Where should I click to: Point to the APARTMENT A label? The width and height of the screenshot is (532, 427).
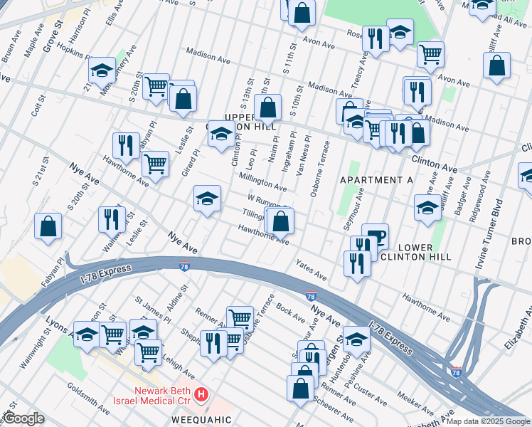pyautogui.click(x=376, y=180)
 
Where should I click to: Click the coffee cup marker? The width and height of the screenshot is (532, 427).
pyautogui.click(x=375, y=236)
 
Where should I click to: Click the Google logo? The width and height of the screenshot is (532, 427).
pyautogui.click(x=23, y=418)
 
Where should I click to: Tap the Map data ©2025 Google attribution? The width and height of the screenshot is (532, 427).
pyautogui.click(x=487, y=421)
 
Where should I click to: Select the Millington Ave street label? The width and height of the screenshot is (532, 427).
pyautogui.click(x=262, y=182)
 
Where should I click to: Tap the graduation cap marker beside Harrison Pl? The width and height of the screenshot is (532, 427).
pyautogui.click(x=102, y=70)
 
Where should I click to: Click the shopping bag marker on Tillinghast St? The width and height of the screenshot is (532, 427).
pyautogui.click(x=281, y=221)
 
